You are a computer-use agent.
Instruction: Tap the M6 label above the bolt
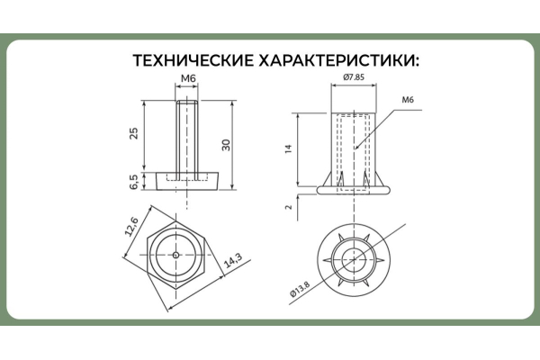[x=188, y=80]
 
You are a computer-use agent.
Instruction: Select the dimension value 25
[x=134, y=133]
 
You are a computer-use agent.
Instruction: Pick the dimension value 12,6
[x=133, y=229]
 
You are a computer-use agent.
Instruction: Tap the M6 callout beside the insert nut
[x=407, y=99]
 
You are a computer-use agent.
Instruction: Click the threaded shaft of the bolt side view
[x=188, y=135]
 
